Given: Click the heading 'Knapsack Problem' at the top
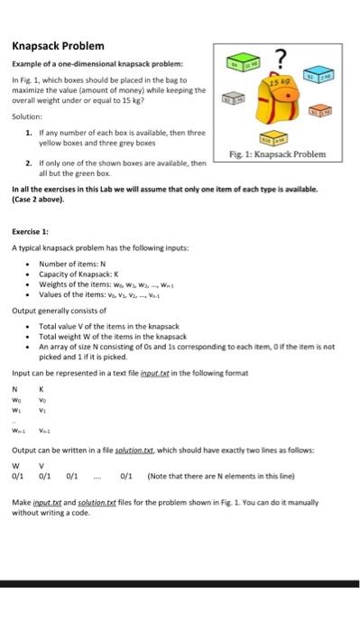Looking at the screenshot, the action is [x=58, y=46].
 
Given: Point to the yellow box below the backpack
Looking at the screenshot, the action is [x=274, y=139].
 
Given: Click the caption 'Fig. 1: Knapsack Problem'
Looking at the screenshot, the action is [x=279, y=155].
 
